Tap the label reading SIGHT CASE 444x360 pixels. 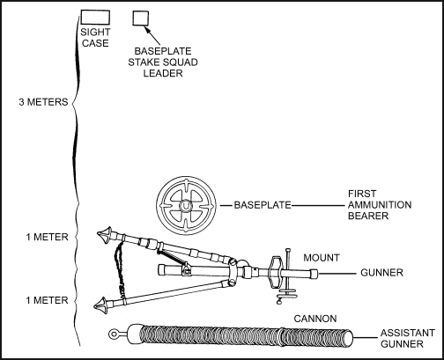pyautogui.click(x=95, y=37)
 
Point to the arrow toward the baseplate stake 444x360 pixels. pyautogui.click(x=152, y=35)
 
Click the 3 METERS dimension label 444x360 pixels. pyautogui.click(x=43, y=102)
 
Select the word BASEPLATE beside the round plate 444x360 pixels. pyautogui.click(x=263, y=205)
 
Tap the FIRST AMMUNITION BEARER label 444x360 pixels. pyautogui.click(x=380, y=205)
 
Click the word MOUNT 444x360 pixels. pyautogui.click(x=322, y=258)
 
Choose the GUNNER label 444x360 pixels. pyautogui.click(x=381, y=273)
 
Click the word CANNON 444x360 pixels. pyautogui.click(x=315, y=319)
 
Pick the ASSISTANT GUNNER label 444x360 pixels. pyautogui.click(x=408, y=338)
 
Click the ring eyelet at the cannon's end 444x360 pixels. pyautogui.click(x=113, y=334)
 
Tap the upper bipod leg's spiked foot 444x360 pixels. pyautogui.click(x=105, y=234)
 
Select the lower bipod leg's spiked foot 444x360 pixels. pyautogui.click(x=101, y=305)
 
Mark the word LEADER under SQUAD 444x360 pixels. pyautogui.click(x=163, y=73)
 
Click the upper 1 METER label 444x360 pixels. pyautogui.click(x=47, y=237)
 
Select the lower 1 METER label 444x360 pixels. pyautogui.click(x=47, y=300)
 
